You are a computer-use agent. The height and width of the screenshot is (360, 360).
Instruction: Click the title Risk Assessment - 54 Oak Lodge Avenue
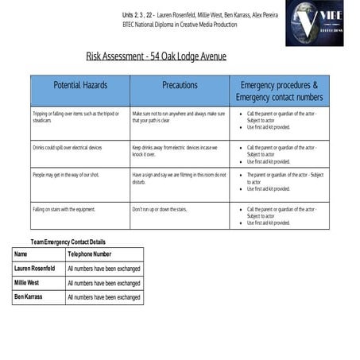[156, 56]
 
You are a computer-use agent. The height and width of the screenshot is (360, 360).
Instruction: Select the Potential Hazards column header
[80, 84]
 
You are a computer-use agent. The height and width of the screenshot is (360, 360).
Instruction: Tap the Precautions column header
[180, 84]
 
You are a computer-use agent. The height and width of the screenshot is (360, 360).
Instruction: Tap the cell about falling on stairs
[64, 209]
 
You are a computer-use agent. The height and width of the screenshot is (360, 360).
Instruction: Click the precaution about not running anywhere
[179, 118]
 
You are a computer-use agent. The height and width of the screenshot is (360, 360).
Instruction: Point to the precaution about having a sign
[179, 178]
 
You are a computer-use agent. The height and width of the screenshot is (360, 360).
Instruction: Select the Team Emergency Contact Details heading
[68, 242]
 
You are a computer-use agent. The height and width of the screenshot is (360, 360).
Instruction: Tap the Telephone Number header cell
[90, 254]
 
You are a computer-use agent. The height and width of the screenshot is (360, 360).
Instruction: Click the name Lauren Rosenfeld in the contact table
[35, 269]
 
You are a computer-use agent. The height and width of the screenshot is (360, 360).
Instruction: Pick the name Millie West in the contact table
[27, 283]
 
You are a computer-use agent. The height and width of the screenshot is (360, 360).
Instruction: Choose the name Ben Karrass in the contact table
[29, 297]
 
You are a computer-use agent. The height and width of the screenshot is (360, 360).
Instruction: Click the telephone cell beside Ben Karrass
[103, 297]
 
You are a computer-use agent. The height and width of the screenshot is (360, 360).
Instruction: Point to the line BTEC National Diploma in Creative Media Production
[180, 25]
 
